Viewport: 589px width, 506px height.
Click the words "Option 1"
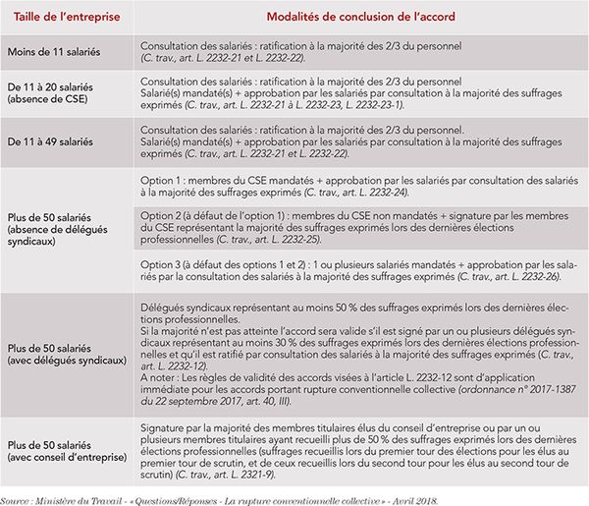163,181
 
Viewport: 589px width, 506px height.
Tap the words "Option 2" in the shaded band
163,215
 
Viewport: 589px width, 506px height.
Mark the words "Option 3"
163,264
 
